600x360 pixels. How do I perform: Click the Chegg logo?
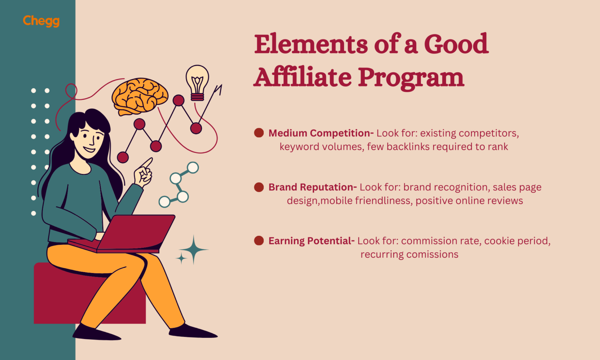pos(41,21)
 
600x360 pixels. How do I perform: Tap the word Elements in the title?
pos(311,44)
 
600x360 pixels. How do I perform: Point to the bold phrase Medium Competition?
pos(320,133)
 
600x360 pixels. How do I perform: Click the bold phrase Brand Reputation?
pos(312,187)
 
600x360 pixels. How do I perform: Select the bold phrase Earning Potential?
pos(311,241)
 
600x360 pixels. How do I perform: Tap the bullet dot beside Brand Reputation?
pos(259,187)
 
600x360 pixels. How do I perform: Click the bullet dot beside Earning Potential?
pos(259,241)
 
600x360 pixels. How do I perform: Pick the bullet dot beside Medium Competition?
pos(259,133)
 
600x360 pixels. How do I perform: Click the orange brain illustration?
pos(139,96)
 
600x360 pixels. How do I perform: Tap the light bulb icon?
pos(197,82)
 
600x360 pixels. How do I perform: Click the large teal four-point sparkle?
pos(193,250)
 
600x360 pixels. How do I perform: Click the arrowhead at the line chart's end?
pos(219,89)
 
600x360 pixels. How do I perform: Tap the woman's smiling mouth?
pos(89,149)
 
